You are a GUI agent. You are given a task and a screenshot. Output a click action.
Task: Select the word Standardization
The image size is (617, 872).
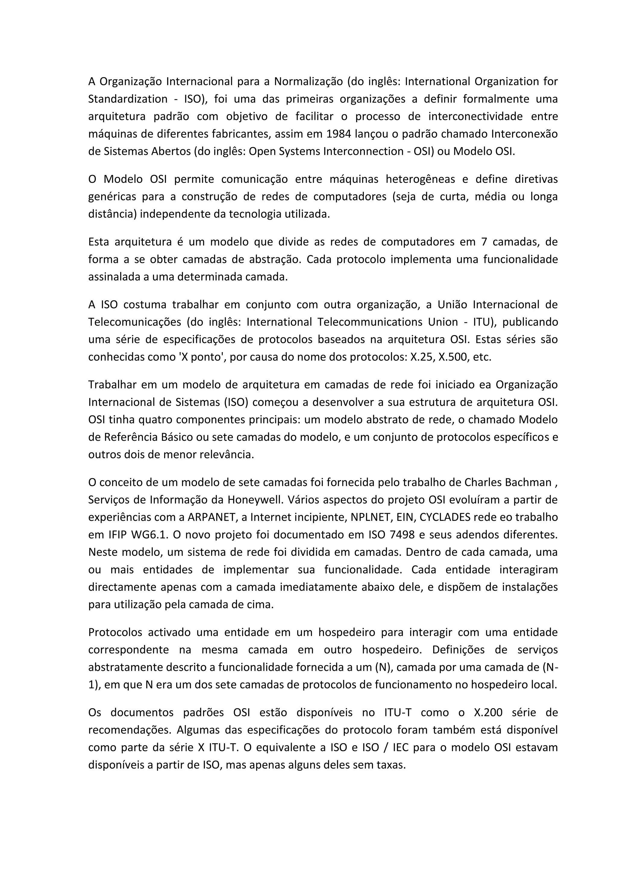128,99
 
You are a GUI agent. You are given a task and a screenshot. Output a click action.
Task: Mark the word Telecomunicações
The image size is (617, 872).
134,322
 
